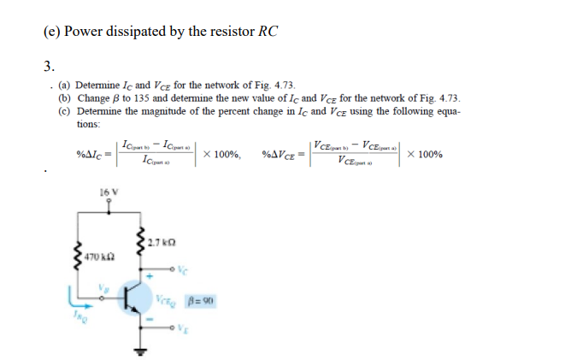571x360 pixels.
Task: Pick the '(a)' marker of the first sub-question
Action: (64, 86)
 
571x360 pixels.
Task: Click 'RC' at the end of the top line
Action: (270, 32)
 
